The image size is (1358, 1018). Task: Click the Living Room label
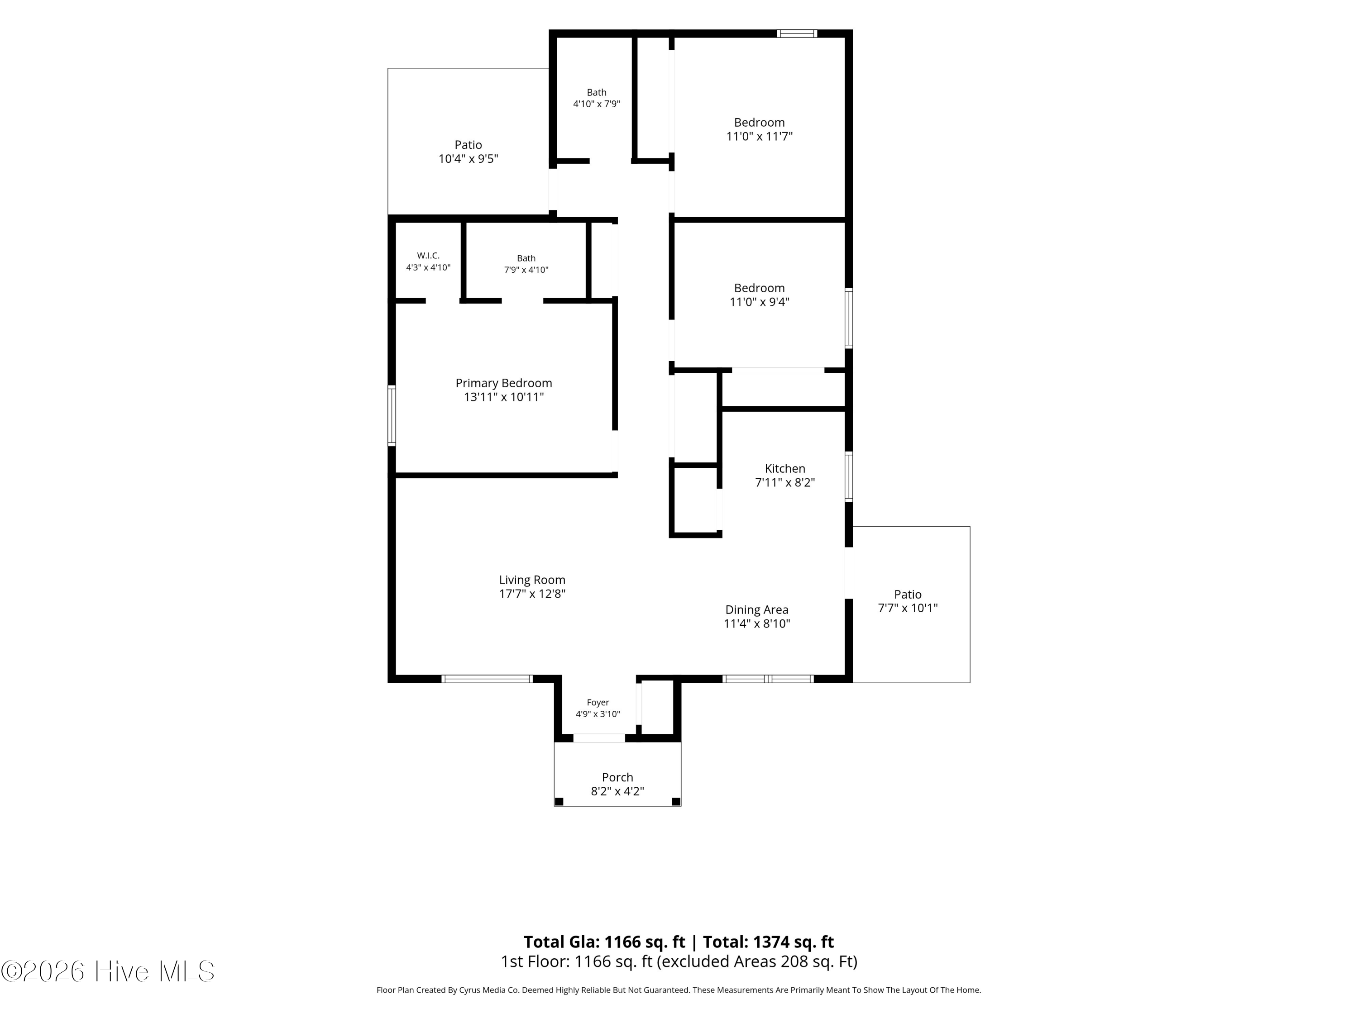[x=532, y=580]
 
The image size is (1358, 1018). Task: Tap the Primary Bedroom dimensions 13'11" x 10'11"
[x=503, y=397]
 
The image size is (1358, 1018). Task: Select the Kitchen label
[x=784, y=468]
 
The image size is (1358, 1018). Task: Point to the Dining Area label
[x=756, y=610]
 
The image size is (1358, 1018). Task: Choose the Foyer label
[x=598, y=703]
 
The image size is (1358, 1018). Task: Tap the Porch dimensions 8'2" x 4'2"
[x=617, y=792]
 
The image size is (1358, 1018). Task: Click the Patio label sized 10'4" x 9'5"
[x=468, y=145]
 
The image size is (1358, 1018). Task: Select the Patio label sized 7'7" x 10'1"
[x=908, y=594]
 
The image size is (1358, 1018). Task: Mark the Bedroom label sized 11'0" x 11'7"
[x=759, y=122]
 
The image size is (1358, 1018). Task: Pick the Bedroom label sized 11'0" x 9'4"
[x=759, y=288]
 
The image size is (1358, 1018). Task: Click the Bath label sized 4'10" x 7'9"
[x=596, y=93]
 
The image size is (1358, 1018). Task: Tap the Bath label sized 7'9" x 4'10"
[x=526, y=258]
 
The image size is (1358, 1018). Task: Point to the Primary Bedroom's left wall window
[x=391, y=415]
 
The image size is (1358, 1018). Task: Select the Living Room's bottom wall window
[x=487, y=679]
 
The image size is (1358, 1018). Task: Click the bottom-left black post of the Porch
[x=559, y=801]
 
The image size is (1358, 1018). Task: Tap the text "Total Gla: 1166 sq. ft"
[x=604, y=942]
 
